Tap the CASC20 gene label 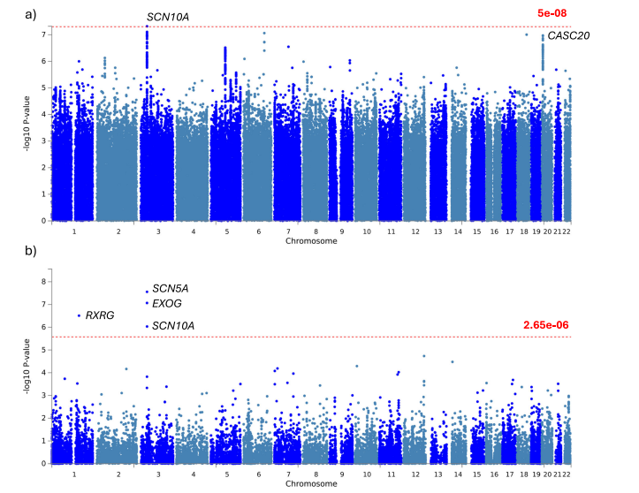tap(568, 36)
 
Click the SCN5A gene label tap(171, 288)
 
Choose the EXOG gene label tap(167, 304)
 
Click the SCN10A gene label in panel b tap(173, 326)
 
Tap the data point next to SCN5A tap(147, 292)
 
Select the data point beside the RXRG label tap(80, 315)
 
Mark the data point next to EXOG tap(147, 304)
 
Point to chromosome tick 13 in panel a tap(439, 231)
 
